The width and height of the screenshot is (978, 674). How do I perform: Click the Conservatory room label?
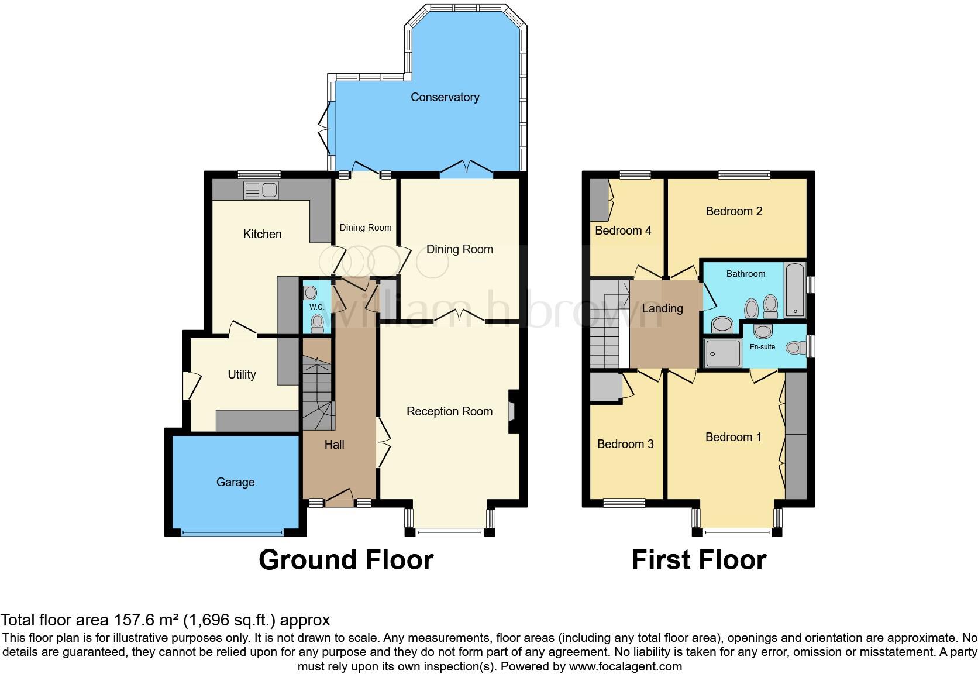click(445, 97)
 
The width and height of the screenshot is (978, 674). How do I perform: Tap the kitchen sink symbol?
click(261, 190)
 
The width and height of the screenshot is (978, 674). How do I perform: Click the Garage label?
click(235, 482)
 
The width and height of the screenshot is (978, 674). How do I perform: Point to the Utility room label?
click(242, 374)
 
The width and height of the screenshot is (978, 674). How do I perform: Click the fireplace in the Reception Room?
click(512, 411)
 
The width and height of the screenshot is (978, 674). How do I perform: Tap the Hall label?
click(334, 445)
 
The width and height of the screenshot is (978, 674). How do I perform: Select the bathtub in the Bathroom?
click(794, 289)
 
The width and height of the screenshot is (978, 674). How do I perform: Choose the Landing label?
click(662, 308)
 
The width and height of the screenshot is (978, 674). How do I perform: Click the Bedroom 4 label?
click(623, 231)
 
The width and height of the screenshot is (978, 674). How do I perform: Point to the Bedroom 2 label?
click(733, 211)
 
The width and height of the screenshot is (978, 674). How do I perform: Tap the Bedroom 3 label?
click(625, 444)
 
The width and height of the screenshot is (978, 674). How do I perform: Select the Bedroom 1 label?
click(733, 437)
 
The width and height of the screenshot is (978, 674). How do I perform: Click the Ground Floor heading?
click(346, 560)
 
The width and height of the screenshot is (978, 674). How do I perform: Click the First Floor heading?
click(698, 560)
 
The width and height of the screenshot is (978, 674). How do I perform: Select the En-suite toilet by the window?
click(794, 348)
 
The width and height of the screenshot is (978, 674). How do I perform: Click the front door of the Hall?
click(339, 498)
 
